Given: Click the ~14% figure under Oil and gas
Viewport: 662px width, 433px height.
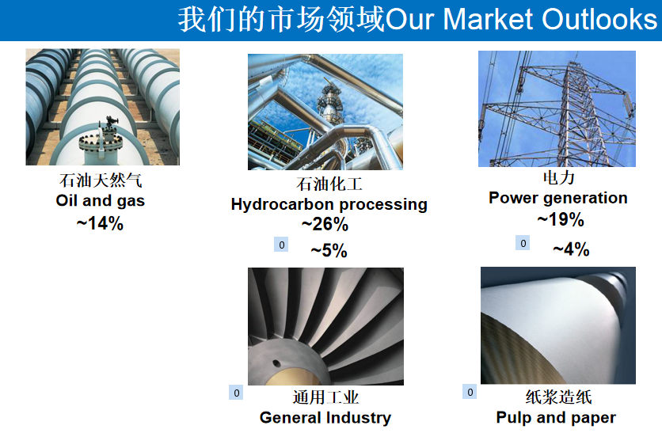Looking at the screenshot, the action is pos(100,223).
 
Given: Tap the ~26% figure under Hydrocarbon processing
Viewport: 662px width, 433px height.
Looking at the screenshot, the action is pos(325,224).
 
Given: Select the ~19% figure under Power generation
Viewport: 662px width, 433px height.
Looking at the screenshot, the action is pos(561,219).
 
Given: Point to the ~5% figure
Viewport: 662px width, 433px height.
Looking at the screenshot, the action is pos(329,250).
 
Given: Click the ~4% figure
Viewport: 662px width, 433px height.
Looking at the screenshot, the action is pos(571,249).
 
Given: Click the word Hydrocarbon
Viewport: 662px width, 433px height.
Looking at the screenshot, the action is pos(283,204).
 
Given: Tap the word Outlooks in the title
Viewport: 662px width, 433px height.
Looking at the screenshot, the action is pos(599,20).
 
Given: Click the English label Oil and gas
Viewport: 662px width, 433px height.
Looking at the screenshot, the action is pos(100,200).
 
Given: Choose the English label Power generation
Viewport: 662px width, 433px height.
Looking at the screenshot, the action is pos(558,198).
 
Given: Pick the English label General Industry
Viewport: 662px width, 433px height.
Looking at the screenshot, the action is pos(325,417).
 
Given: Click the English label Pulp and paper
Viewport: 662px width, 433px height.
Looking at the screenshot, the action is pos(556,417).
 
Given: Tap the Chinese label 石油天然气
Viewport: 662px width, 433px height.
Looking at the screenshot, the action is pos(101,180).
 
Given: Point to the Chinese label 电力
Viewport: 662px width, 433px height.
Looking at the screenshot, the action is pos(559,177).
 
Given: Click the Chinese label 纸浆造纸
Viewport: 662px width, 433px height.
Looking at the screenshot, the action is pos(558,397).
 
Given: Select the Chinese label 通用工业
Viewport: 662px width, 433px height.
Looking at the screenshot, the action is pos(325,397).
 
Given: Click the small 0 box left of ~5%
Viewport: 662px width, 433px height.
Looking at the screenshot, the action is pos(281,245).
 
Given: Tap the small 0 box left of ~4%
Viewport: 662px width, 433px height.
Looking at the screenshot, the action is pos(523,243).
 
